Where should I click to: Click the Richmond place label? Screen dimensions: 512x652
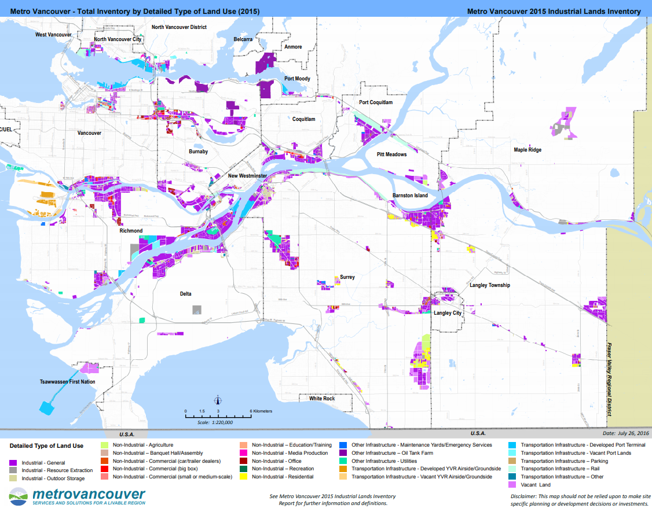tap(131, 231)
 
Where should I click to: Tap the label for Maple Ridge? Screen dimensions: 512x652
tap(528, 150)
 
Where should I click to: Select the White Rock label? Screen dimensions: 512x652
tap(321, 399)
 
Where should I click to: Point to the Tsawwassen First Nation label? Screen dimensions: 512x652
tap(68, 382)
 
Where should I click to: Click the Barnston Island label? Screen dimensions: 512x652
tap(410, 196)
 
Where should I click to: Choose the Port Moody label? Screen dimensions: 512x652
tap(297, 79)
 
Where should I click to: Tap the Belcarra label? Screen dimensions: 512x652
tap(243, 39)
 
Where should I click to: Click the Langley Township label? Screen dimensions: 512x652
tap(490, 285)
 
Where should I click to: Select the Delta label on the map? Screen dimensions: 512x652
tap(185, 294)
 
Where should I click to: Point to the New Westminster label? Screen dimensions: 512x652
tap(247, 175)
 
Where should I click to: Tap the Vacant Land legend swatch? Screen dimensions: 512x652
tap(512, 485)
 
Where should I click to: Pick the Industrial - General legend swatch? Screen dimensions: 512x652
tap(14, 463)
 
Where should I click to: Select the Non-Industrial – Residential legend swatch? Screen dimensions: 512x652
tap(244, 477)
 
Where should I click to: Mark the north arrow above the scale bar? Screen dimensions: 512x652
tap(218, 400)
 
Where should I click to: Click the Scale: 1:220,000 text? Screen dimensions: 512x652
tap(215, 422)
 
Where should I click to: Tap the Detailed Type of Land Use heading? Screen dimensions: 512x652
tap(47, 446)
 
